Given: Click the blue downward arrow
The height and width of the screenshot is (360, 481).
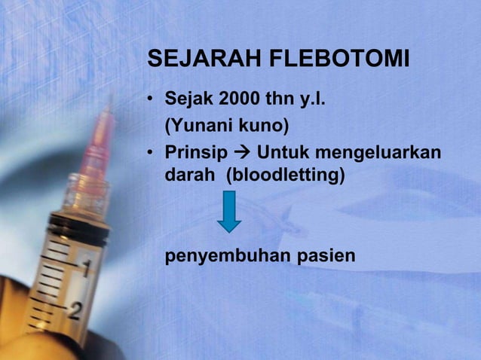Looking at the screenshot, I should click(x=229, y=210).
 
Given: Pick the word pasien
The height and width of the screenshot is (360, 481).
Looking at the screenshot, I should click(x=325, y=258).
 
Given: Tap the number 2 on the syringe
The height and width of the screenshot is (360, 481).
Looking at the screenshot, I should click(x=73, y=310).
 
